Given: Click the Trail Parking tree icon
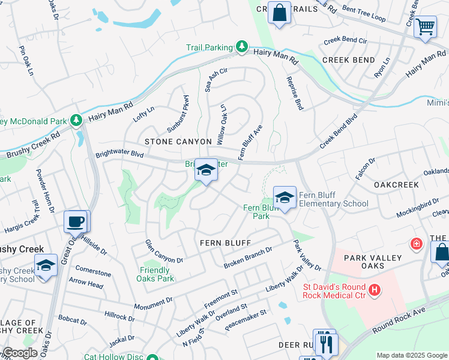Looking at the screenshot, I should point(242,46).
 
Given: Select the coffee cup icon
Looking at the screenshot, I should point(76,222).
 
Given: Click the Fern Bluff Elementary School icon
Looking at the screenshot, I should point(285,197).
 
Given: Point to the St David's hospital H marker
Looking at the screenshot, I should point(375,290).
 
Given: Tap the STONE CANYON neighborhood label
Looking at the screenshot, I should point(178,142).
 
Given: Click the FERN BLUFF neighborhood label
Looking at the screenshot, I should point(224,242).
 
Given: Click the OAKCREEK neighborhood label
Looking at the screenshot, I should point(396,185).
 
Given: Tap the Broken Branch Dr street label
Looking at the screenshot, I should point(248,257).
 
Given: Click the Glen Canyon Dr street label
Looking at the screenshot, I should point(164,251).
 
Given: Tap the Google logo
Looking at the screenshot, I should point(20,353).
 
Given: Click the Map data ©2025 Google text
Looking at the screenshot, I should point(411,355).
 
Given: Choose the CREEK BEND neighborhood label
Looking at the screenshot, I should point(349,60).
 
